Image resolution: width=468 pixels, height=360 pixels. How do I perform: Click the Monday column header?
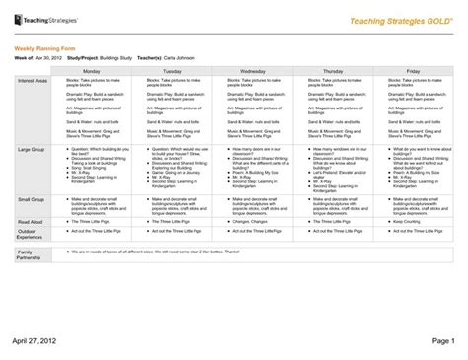(91, 72)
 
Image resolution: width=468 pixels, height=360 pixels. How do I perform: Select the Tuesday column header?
(171, 72)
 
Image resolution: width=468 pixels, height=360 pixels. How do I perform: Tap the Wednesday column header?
(252, 72)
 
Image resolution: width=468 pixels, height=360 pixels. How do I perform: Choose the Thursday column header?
(332, 72)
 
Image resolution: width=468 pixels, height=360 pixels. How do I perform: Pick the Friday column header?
(412, 72)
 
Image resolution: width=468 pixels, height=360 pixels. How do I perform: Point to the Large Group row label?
(31, 149)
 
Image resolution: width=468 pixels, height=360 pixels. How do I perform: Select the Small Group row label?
(31, 199)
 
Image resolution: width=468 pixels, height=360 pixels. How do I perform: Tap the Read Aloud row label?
(31, 222)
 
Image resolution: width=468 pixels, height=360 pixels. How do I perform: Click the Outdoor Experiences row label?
(31, 233)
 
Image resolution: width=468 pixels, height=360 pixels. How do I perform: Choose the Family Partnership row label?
(29, 255)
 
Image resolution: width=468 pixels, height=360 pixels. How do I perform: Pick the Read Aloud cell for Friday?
(412, 222)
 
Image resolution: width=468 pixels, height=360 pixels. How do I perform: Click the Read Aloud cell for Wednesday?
(252, 222)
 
